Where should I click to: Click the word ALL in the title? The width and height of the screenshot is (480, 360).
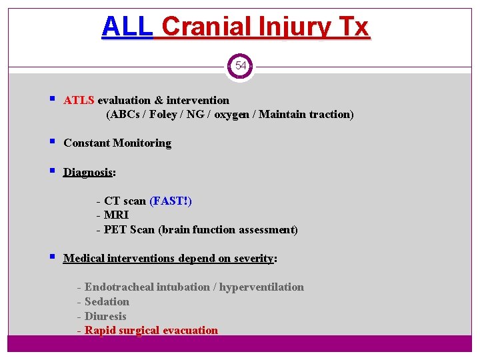click(127, 27)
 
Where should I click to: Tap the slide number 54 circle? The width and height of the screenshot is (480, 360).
click(240, 66)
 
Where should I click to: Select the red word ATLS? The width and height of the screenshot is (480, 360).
click(79, 101)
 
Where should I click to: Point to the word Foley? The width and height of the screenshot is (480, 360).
click(163, 115)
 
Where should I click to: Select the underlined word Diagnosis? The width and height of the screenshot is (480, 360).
click(87, 173)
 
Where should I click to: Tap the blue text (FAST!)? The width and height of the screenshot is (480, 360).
click(171, 201)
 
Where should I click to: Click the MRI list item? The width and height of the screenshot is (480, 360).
click(116, 215)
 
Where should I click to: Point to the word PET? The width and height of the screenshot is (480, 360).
click(115, 230)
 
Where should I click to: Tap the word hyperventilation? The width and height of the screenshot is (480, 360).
click(261, 287)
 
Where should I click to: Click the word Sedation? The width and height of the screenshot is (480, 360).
click(107, 302)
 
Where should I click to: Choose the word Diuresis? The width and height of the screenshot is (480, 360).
click(105, 317)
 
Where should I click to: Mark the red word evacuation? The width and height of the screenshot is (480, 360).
click(189, 331)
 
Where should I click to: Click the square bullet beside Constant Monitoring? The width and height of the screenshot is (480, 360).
click(52, 143)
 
